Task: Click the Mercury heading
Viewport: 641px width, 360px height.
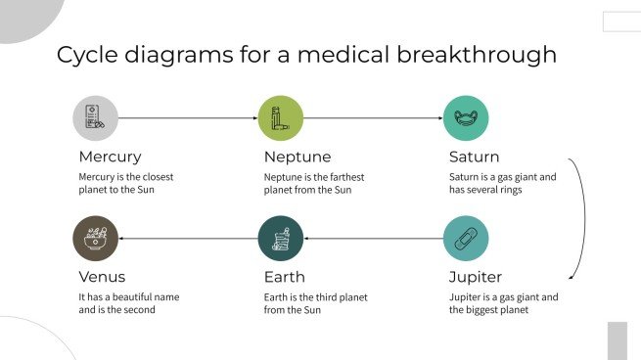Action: click(110, 157)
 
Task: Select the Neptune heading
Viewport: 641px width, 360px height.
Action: click(297, 157)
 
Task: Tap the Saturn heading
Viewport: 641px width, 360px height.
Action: click(474, 157)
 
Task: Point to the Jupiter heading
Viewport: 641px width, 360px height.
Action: click(476, 277)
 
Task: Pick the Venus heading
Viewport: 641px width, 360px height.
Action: click(102, 277)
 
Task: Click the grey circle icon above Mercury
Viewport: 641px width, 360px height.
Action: click(95, 118)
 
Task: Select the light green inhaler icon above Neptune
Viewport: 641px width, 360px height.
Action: click(280, 118)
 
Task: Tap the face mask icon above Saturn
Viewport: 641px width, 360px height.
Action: click(466, 118)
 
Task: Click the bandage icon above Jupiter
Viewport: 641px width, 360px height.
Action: click(466, 239)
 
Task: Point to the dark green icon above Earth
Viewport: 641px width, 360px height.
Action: click(280, 239)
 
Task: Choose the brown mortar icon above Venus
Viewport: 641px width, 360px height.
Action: click(95, 239)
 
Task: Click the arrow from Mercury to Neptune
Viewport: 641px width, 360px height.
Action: click(187, 118)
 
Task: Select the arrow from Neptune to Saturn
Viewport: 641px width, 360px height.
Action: click(373, 118)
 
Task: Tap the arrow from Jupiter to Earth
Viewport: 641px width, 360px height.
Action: click(373, 239)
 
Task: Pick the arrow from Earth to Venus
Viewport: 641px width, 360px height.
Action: click(187, 239)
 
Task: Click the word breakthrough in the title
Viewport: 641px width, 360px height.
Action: click(485, 55)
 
